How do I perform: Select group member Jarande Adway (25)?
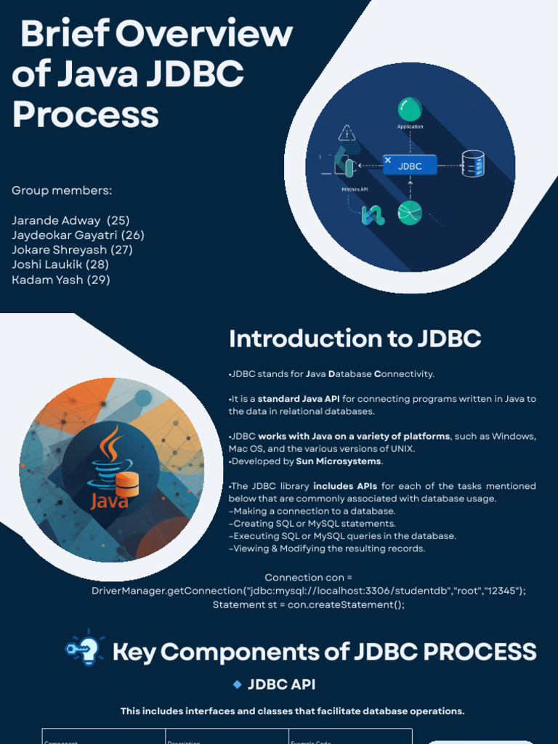[70, 220]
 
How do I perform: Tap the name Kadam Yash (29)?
[61, 280]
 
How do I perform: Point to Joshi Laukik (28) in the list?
[60, 264]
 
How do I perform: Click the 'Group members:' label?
[62, 190]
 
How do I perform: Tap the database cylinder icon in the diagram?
[473, 164]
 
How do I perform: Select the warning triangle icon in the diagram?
[347, 133]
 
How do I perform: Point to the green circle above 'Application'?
[410, 110]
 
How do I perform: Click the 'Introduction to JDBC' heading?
[355, 339]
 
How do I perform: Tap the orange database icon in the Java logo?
[127, 484]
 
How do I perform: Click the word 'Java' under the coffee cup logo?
[110, 501]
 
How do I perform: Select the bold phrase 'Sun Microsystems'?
[338, 461]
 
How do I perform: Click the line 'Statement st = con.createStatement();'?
[309, 604]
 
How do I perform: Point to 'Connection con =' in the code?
[309, 578]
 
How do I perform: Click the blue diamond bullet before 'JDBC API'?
[237, 684]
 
